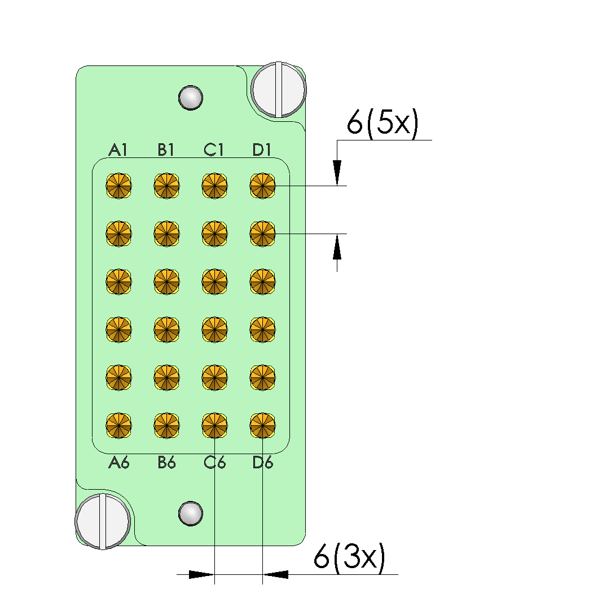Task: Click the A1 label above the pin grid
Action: [118, 150]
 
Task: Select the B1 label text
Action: [166, 150]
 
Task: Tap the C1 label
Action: [214, 150]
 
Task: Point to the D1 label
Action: [262, 150]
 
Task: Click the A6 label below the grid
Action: [119, 463]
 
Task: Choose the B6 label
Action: [167, 463]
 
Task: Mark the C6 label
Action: [215, 463]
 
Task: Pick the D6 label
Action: [263, 463]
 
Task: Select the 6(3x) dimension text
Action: [350, 559]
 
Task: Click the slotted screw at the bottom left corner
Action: [103, 520]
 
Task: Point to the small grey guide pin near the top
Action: [191, 97]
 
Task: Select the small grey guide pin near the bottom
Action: [191, 513]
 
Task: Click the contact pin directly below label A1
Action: [119, 185]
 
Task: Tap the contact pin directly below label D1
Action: [263, 185]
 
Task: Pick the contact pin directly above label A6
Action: [119, 425]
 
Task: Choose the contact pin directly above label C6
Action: [215, 425]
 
